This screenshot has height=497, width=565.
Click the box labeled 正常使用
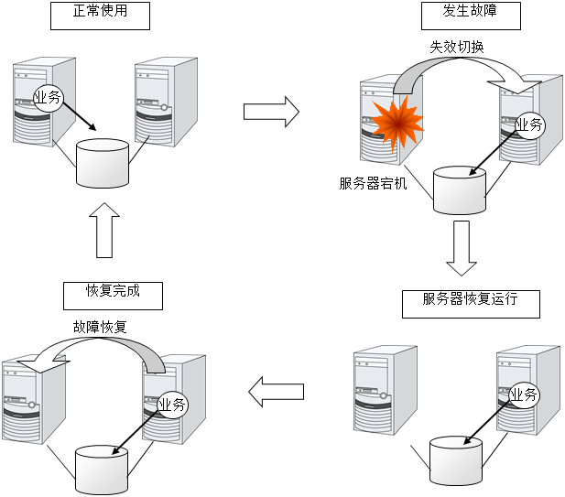click(x=100, y=16)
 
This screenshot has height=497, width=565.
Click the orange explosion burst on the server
click(x=397, y=125)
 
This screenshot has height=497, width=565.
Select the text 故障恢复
click(x=101, y=327)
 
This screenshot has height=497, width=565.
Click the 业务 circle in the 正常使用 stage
click(x=48, y=97)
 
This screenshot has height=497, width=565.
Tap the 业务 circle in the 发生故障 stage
click(x=529, y=124)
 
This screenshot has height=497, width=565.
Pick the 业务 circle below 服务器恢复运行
click(x=524, y=394)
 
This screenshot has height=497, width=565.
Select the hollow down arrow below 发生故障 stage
click(x=462, y=246)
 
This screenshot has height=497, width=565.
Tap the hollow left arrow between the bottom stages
click(x=277, y=392)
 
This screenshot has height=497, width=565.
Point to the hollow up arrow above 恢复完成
click(x=105, y=230)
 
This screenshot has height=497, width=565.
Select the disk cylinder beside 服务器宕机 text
click(x=459, y=189)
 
